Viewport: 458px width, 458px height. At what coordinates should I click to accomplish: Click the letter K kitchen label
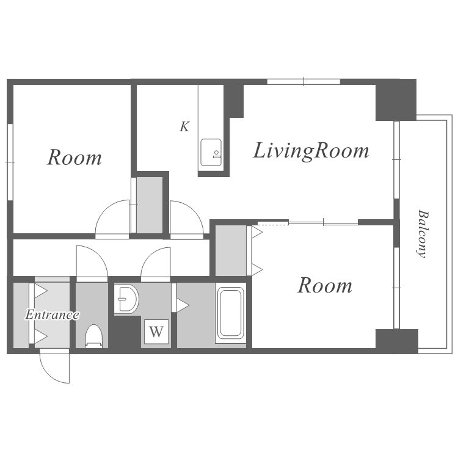(184, 126)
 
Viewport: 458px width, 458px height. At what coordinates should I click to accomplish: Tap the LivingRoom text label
(311, 151)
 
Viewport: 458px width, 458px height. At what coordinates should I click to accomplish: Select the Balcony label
(422, 234)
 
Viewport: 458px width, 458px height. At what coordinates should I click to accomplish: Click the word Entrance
(53, 314)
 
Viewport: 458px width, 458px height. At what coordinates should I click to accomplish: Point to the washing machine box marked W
(156, 332)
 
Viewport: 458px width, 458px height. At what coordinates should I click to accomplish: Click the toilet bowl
(93, 336)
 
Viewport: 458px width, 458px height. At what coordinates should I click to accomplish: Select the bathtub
(231, 313)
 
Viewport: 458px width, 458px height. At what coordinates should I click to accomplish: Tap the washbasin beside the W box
(126, 299)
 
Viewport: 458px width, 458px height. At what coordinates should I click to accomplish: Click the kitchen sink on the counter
(211, 153)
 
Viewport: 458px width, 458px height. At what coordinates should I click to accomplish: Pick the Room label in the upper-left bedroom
(75, 158)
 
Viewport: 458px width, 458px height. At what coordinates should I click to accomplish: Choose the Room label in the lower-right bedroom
(325, 285)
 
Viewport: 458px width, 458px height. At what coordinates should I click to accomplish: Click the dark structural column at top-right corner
(396, 100)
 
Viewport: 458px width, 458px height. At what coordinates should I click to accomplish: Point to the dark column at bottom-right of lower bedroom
(397, 341)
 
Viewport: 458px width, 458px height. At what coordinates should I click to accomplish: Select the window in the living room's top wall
(304, 81)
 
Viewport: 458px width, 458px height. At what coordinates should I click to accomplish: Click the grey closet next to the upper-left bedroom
(150, 205)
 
